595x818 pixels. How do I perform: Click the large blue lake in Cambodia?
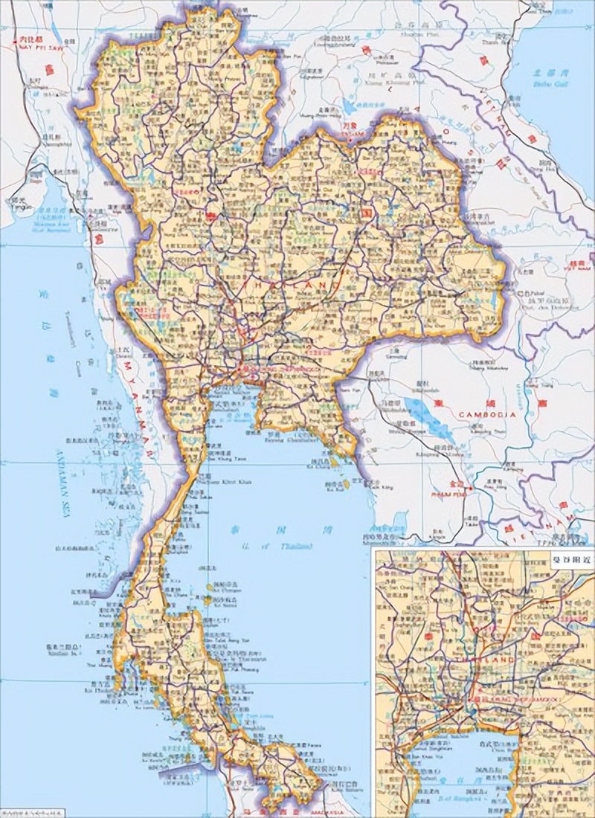(x=431, y=412)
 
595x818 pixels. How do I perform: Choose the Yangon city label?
(x=19, y=208)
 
